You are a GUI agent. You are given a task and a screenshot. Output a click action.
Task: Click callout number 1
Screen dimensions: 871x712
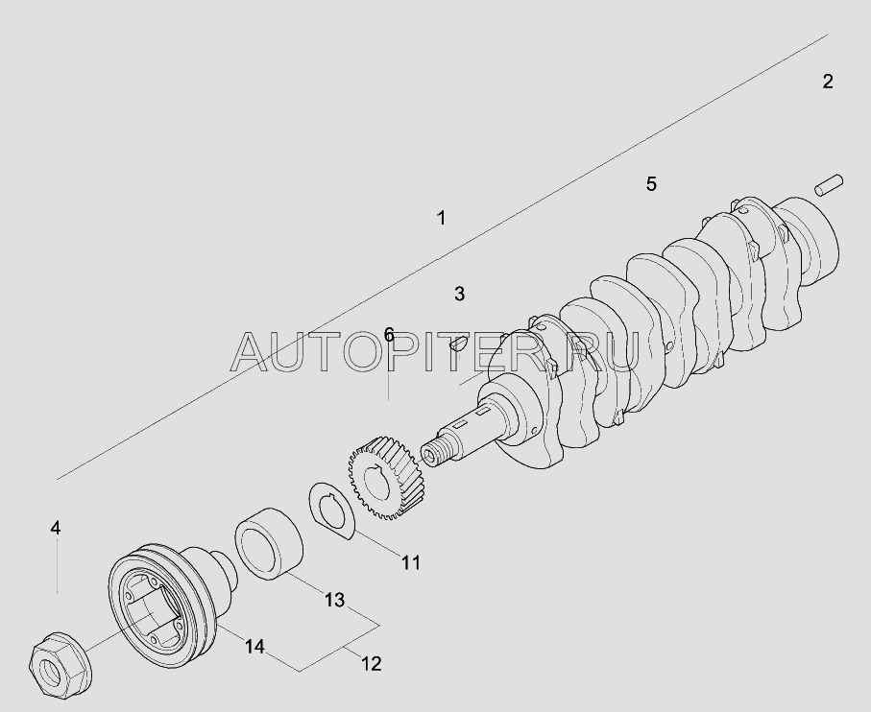442,218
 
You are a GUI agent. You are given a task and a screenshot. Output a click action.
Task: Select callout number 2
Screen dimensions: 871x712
828,82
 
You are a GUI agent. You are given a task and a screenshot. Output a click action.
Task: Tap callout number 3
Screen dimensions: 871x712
459,294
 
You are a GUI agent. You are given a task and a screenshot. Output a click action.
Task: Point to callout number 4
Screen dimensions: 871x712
56,528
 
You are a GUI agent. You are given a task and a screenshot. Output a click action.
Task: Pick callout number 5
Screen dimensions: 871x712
651,183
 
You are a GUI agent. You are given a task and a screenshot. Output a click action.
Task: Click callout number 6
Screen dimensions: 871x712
389,335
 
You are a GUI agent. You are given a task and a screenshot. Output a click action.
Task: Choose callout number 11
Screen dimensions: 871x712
411,562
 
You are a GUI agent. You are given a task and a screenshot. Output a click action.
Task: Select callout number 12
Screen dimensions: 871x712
371,663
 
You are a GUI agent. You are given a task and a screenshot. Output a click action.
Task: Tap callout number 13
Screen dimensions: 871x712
334,600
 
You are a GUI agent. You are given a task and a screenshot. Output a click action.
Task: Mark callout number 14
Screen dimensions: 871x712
254,647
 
